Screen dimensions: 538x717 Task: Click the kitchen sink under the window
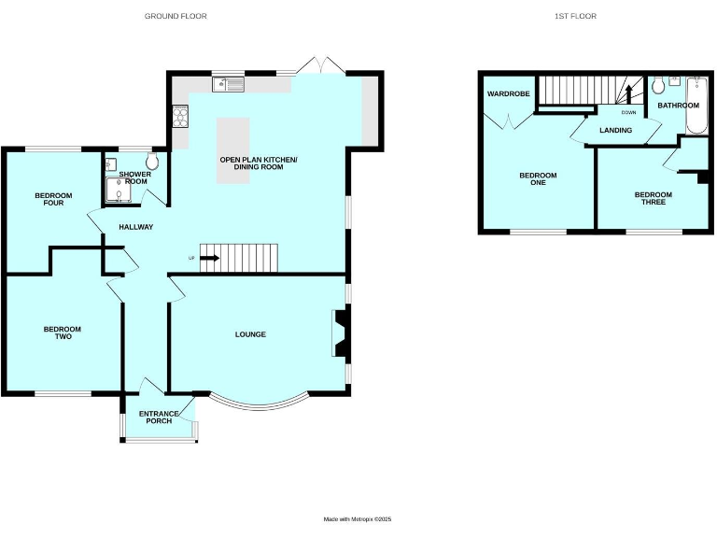228,85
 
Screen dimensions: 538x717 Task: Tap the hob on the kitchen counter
180,117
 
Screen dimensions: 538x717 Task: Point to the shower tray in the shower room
118,189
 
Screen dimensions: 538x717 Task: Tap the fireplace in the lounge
340,333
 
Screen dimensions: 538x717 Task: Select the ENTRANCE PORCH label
158,417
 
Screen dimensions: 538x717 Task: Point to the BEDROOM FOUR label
53,199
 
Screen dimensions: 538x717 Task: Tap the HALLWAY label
135,227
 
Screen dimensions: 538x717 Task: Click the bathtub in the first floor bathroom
693,106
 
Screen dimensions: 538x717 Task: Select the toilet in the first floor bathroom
658,87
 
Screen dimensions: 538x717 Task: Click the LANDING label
615,130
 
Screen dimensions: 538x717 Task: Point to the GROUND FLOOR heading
176,16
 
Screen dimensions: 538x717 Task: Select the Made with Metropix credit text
358,519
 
